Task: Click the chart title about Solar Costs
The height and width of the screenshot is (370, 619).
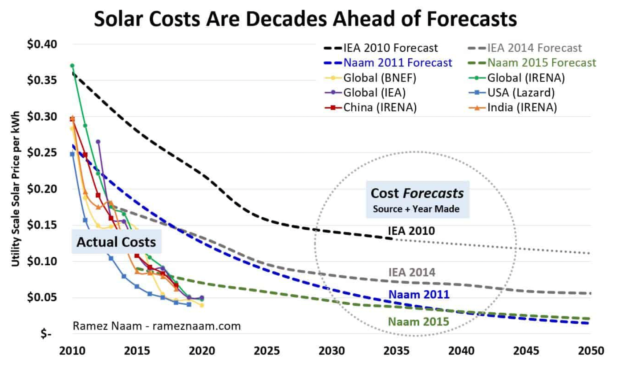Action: (305, 19)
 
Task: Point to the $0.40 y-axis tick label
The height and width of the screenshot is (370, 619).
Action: (42, 44)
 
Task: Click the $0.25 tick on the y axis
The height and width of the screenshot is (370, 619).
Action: (42, 152)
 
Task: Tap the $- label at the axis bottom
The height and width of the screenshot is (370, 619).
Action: (46, 334)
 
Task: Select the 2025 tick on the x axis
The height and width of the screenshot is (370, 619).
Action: (266, 351)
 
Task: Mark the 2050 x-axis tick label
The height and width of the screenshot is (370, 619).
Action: (591, 351)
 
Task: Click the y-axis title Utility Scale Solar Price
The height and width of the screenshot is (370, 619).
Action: (15, 189)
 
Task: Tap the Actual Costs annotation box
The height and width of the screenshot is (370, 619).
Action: (116, 242)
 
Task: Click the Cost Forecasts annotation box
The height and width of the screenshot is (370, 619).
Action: (417, 199)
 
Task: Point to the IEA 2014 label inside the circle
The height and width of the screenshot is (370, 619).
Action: (411, 272)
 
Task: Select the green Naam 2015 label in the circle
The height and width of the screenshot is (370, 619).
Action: (418, 322)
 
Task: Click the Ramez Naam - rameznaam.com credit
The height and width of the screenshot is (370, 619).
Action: (157, 326)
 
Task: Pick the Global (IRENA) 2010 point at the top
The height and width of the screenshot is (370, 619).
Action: (72, 65)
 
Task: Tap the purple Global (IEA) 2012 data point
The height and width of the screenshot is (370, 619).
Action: (98, 142)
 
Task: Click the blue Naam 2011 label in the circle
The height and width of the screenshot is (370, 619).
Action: (418, 294)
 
